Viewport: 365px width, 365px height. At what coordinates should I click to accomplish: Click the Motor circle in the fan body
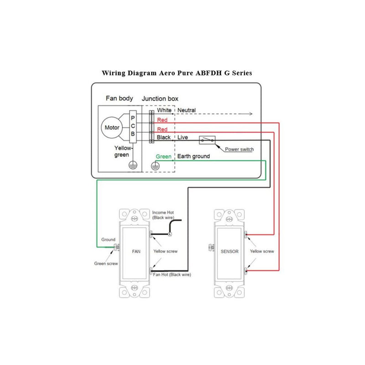(x=112, y=127)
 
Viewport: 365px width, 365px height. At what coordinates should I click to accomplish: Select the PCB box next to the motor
(x=132, y=126)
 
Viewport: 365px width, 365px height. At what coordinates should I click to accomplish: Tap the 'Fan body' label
(x=120, y=98)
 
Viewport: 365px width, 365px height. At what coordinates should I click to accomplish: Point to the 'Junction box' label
(x=160, y=98)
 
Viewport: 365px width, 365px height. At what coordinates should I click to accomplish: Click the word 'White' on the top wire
(x=164, y=110)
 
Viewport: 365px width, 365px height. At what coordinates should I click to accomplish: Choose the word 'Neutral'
(x=187, y=110)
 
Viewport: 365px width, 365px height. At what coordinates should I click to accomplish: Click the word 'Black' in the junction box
(x=164, y=137)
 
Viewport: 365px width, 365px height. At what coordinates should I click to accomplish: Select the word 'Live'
(x=183, y=137)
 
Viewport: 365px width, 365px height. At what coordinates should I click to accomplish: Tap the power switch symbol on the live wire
(x=207, y=140)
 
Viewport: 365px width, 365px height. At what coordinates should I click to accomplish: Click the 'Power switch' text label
(x=240, y=149)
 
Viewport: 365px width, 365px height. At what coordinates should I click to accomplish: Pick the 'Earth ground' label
(x=193, y=156)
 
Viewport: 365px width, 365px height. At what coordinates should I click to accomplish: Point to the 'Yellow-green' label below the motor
(x=123, y=151)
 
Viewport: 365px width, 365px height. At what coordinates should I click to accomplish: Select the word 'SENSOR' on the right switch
(x=230, y=251)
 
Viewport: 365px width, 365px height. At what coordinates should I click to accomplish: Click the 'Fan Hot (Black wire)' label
(x=172, y=275)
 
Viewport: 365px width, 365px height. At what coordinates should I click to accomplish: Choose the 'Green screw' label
(x=106, y=263)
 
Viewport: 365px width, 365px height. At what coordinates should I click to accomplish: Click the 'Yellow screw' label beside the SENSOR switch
(x=262, y=251)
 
